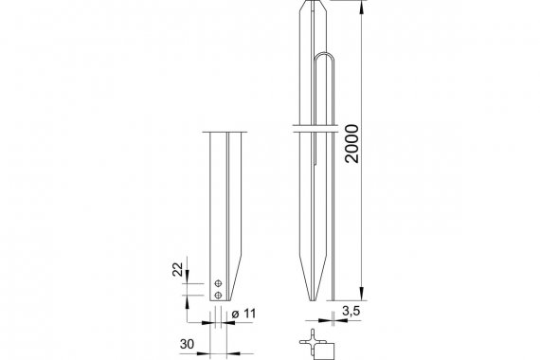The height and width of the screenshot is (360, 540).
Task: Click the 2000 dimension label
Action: pyautogui.click(x=352, y=144)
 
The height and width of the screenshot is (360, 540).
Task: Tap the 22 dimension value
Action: pyautogui.click(x=178, y=269)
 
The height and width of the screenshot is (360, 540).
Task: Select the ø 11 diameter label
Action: pyautogui.click(x=244, y=314)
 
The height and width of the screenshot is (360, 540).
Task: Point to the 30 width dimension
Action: pyautogui.click(x=187, y=344)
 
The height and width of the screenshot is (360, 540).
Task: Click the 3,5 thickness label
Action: pyautogui.click(x=351, y=311)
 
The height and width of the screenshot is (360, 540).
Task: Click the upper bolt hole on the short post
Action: pyautogui.click(x=218, y=283)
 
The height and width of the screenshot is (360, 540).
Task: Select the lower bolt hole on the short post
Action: pyautogui.click(x=218, y=296)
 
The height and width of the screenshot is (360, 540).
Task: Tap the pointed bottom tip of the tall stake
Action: pyautogui.click(x=313, y=299)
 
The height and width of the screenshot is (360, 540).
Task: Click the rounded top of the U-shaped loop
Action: pyautogui.click(x=324, y=54)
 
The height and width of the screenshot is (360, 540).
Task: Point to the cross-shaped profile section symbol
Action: pyautogui.click(x=313, y=342)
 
